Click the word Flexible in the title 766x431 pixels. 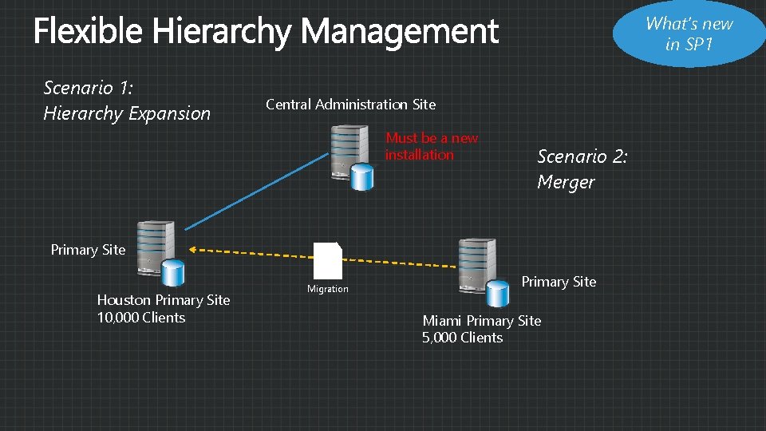88,32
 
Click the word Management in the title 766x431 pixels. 399,32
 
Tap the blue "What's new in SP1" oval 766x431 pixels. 689,34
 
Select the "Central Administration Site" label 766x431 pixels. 350,105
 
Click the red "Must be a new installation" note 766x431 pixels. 431,146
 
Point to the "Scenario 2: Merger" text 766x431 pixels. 582,169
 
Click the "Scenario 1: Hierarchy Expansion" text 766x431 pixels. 127,100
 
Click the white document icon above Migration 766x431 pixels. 328,260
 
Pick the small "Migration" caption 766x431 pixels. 328,289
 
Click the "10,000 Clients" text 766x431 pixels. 141,318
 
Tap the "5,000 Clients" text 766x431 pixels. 463,338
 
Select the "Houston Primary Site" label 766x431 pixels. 163,300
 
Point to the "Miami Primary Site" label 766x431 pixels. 481,321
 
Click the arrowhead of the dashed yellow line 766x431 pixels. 194,251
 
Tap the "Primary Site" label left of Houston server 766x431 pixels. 88,250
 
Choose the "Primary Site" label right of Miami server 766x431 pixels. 559,282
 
